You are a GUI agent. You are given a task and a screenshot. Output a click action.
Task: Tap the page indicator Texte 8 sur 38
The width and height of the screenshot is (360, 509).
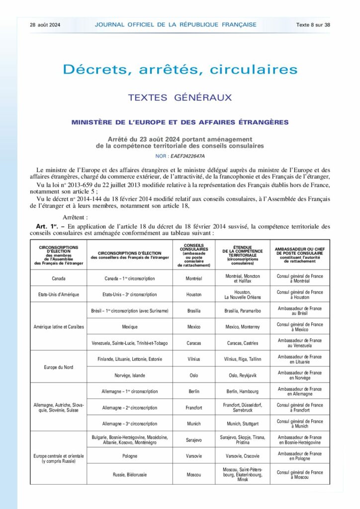coord(313,24)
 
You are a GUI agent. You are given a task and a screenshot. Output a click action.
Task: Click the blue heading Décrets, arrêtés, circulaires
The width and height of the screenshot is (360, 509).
coord(180,70)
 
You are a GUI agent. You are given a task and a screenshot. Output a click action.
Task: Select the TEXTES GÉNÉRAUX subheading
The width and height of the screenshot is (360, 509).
coord(180,97)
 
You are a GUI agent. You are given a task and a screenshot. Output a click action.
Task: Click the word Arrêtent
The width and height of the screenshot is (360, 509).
coord(76,217)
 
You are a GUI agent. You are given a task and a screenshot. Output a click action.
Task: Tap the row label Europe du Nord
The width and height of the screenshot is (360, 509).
coord(58,367)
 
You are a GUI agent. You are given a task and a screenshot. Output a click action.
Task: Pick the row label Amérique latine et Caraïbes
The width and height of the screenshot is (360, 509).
coord(58,327)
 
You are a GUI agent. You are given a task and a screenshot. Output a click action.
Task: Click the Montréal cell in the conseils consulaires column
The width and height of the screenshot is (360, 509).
coord(193,279)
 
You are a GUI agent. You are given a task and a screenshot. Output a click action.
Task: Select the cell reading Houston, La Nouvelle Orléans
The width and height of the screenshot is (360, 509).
coord(243,294)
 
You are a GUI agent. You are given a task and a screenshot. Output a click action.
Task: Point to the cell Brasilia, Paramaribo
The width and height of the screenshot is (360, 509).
coord(243,311)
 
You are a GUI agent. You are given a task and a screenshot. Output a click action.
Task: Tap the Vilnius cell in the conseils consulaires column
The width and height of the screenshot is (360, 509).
coord(193,359)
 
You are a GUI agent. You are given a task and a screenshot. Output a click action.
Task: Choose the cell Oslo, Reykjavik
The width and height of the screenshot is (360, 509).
coord(243,375)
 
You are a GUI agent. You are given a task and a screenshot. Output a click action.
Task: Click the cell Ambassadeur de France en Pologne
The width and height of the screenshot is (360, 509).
coord(300,456)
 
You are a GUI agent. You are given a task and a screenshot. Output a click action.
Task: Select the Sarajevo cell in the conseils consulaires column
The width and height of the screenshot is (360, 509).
coord(193,439)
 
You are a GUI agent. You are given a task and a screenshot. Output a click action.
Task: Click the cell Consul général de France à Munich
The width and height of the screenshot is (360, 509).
coord(300,424)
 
